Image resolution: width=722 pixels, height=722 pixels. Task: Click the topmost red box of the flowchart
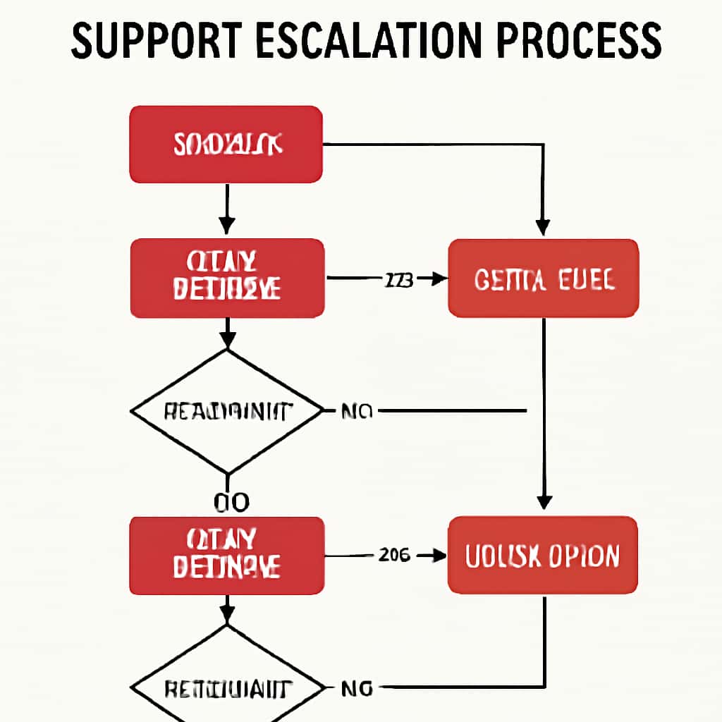coord(226,145)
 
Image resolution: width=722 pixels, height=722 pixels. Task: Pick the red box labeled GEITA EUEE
coord(544,278)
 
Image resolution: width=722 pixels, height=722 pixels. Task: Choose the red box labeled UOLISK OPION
coord(543,555)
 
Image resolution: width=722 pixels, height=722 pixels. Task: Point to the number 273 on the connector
coord(398,279)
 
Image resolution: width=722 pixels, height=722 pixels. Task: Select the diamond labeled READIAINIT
coord(226,411)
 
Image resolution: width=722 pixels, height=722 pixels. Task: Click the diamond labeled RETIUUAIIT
coord(226,687)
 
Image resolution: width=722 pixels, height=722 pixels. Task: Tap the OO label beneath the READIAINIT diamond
coord(231,502)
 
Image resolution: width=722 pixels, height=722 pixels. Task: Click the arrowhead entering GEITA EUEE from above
coord(542,228)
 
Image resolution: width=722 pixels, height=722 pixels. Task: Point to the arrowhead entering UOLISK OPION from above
coord(544,502)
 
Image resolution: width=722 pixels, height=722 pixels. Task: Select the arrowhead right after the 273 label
coord(439,279)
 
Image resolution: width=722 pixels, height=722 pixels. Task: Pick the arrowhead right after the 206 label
coord(439,556)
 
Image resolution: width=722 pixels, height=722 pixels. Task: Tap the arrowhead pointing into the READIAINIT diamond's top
coord(226,341)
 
